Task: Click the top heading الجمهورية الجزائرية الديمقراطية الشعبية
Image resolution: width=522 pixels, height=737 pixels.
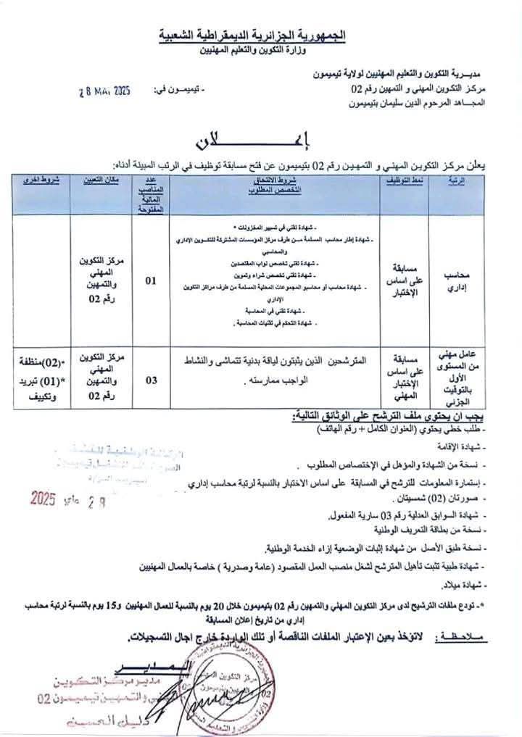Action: [261, 35]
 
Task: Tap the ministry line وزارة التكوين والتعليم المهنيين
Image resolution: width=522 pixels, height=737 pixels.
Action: [261, 51]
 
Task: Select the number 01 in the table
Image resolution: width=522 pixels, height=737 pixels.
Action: [151, 280]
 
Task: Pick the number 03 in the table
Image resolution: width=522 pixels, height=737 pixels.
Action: [151, 378]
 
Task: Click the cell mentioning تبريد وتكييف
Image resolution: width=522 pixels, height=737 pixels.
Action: [41, 378]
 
